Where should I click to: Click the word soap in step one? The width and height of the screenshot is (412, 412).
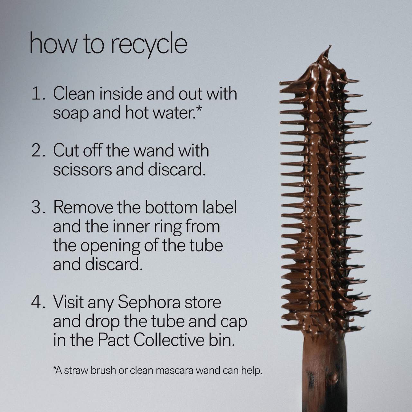tap(70, 114)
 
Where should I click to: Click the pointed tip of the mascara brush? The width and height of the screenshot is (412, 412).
tap(330, 46)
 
